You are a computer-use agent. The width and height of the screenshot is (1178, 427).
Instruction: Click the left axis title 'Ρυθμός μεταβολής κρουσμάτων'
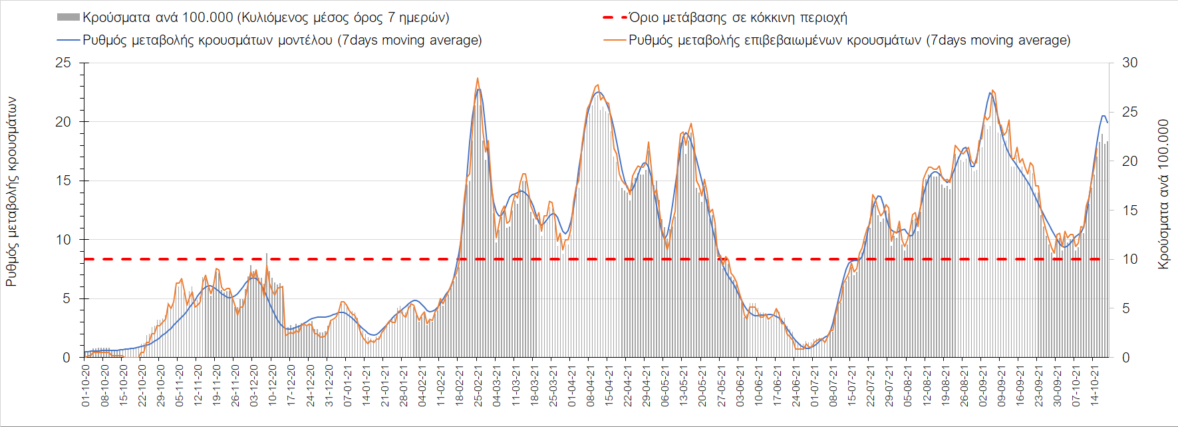coord(11,192)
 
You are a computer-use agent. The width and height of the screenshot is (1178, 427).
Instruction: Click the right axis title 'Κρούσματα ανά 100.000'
coord(1163,195)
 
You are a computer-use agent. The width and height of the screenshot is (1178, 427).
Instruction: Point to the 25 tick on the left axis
coord(63,63)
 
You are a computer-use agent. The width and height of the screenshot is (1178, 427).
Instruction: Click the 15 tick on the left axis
coord(63,181)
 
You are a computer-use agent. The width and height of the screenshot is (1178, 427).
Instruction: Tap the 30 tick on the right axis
coord(1129,63)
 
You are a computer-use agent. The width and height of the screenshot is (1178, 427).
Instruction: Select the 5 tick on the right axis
coord(1126,308)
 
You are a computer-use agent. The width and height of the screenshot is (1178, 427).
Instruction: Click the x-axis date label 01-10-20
coord(86,386)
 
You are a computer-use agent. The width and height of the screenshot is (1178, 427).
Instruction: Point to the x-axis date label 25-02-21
coord(478,386)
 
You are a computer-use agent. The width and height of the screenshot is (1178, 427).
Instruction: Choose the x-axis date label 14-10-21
coord(1094,386)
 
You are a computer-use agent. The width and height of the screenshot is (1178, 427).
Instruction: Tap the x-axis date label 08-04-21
coord(590,386)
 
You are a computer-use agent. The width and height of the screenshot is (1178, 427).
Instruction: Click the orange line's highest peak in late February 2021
coord(478,78)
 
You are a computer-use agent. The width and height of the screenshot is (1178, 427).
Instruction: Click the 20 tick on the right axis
coord(1129,161)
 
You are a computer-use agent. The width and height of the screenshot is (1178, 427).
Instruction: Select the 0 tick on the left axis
coord(67,358)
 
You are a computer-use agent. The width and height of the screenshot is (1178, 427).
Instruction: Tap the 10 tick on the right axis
coord(1129,259)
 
